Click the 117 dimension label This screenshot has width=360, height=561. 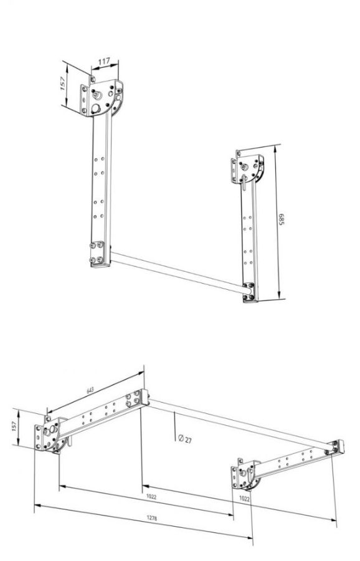pyautogui.click(x=104, y=61)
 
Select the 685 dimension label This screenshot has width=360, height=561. pyautogui.click(x=281, y=219)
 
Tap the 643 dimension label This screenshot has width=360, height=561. pyautogui.click(x=90, y=390)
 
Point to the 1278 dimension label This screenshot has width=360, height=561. pyautogui.click(x=152, y=518)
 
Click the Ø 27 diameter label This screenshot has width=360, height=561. pyautogui.click(x=184, y=439)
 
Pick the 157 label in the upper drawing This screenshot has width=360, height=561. pyautogui.click(x=64, y=84)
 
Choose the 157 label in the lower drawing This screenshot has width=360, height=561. pyautogui.click(x=14, y=426)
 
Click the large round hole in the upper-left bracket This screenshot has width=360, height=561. pyautogui.click(x=96, y=108)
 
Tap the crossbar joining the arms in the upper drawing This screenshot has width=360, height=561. pyautogui.click(x=178, y=272)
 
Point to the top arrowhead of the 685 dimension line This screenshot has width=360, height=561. pyautogui.click(x=275, y=149)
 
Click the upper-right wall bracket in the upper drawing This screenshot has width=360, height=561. pyautogui.click(x=247, y=168)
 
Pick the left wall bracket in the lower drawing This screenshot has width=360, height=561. pyautogui.click(x=52, y=434)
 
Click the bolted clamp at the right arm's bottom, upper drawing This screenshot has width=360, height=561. pyautogui.click(x=249, y=292)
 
